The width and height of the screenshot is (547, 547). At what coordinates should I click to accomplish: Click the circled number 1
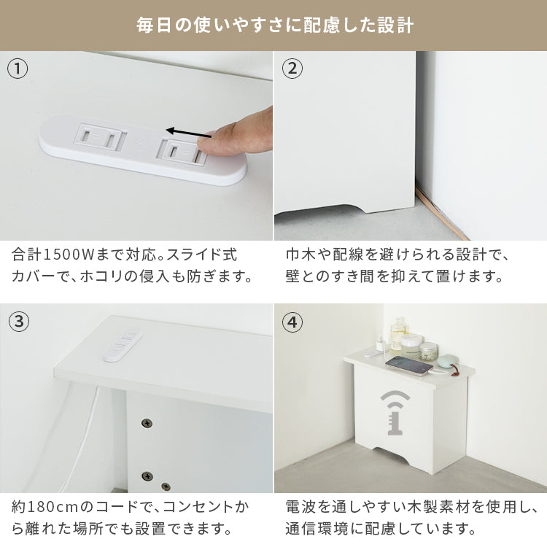[x=18, y=69]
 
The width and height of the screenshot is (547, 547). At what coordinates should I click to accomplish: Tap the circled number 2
[x=292, y=69]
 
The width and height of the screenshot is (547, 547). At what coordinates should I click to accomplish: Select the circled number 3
[x=18, y=322]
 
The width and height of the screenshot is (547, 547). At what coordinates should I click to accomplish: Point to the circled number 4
[x=292, y=322]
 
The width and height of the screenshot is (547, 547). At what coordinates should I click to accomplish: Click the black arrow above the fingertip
[x=189, y=133]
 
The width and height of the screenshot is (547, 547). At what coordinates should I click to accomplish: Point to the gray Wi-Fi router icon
[x=395, y=413]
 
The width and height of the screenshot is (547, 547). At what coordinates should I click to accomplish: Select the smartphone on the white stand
[x=409, y=365]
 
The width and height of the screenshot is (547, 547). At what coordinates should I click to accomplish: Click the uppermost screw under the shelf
[x=147, y=423]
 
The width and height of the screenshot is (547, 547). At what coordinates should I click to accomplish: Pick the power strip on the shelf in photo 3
[x=123, y=344]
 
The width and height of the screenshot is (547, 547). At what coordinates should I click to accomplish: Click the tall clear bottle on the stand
[x=399, y=333]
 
